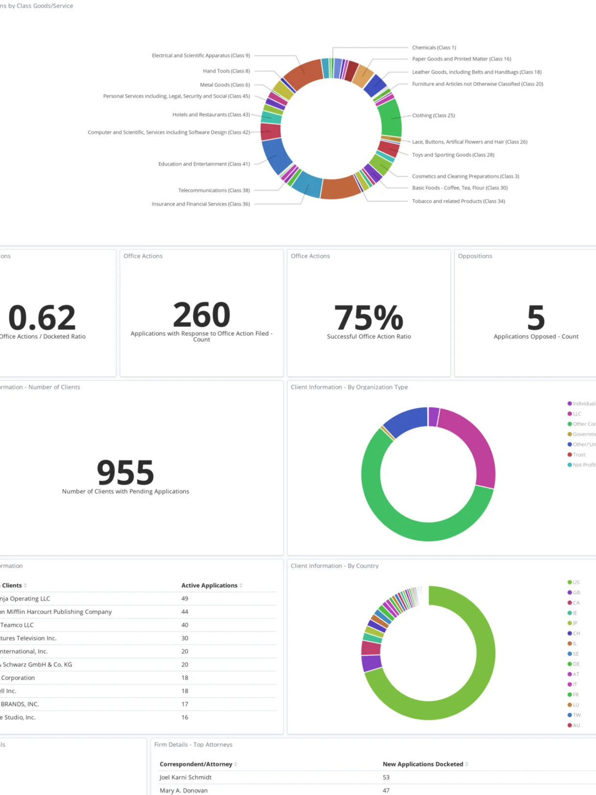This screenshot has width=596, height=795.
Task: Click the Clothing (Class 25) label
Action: (x=433, y=116)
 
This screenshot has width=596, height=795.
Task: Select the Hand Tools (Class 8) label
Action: (x=226, y=71)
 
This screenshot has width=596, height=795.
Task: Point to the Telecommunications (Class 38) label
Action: (x=214, y=191)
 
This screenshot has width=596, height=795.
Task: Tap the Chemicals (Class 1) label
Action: (x=434, y=48)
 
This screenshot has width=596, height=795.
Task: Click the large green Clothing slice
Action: (x=390, y=118)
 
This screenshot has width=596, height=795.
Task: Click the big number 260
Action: (x=201, y=315)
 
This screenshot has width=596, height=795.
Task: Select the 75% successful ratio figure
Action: (x=369, y=318)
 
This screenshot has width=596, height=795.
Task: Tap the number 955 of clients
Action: (x=126, y=472)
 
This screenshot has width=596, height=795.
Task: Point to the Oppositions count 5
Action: (x=536, y=318)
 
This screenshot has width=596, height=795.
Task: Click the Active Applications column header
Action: (x=209, y=586)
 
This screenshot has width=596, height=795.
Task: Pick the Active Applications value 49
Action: (x=185, y=599)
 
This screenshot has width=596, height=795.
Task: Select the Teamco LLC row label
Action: (x=17, y=625)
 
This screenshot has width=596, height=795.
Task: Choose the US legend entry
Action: (x=576, y=583)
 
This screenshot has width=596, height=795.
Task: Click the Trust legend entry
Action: (x=579, y=455)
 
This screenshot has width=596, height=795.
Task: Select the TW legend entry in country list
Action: (x=576, y=715)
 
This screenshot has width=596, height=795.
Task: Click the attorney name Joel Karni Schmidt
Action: (x=185, y=777)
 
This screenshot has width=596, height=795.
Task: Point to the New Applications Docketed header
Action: (x=422, y=764)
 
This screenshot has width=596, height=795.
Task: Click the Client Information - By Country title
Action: (x=334, y=566)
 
